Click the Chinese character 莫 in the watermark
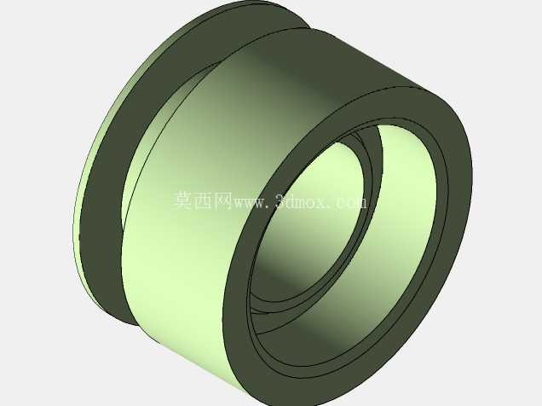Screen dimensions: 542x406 click(x=182, y=200)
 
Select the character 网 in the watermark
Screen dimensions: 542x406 click(x=223, y=200)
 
